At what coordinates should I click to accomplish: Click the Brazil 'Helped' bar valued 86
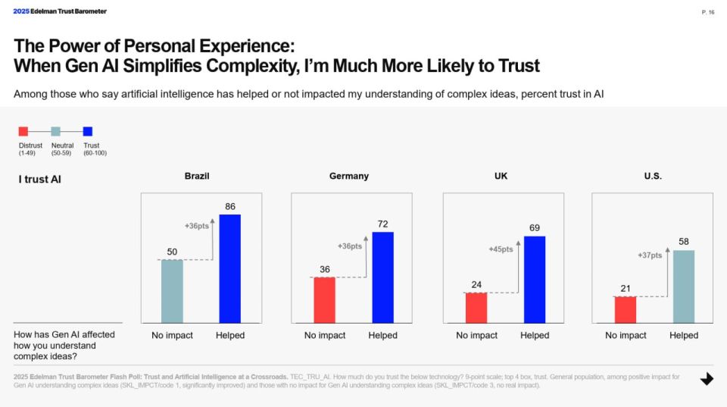coord(229,268)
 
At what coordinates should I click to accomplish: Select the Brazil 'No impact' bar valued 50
coord(172,291)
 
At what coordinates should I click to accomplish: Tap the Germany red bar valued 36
coord(324,299)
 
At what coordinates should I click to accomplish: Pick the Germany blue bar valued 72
coord(382,277)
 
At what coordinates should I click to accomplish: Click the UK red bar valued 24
coord(476,307)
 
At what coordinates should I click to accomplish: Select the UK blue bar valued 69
coord(535,279)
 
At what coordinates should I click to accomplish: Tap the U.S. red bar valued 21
coord(626,309)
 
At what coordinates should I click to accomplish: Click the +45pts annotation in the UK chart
coord(501,249)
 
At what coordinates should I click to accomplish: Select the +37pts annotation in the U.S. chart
coord(650,255)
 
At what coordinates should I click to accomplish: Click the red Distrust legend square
coord(23,131)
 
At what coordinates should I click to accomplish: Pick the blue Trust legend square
coord(88,131)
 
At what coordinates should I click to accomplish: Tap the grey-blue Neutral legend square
coord(55,131)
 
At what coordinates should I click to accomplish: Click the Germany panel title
coord(349,176)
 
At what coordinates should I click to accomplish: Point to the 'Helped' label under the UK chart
coord(535,335)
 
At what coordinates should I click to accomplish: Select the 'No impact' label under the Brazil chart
coord(172,335)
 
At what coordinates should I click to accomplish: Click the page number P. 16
coord(708,12)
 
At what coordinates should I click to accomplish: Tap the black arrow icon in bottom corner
coord(707,379)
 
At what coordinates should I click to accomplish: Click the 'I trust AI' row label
coord(39,180)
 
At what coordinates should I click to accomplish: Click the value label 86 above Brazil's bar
coord(229,206)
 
